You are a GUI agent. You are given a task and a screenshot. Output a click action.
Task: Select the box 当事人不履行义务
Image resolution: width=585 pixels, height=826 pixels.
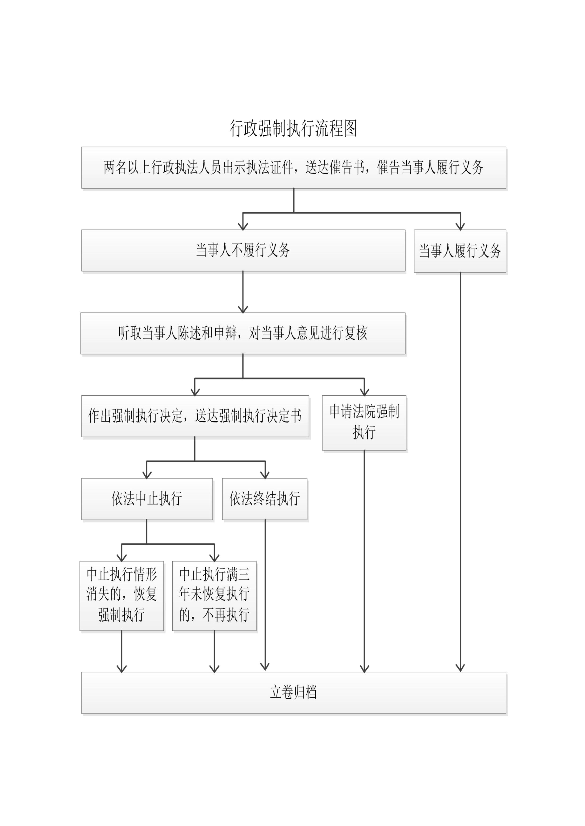coord(243,250)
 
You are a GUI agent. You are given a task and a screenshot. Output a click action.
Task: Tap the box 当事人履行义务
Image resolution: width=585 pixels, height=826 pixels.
coord(460,251)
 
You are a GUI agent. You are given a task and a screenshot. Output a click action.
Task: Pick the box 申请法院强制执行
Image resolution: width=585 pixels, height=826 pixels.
coord(364,423)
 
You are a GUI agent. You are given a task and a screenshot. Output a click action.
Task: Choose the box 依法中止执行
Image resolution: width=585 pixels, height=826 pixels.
coord(147,499)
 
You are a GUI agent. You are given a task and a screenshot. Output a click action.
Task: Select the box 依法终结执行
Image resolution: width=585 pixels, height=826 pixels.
coord(265,499)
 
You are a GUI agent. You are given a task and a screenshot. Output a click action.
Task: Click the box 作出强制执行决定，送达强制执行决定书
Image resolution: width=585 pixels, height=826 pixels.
coord(195,416)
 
